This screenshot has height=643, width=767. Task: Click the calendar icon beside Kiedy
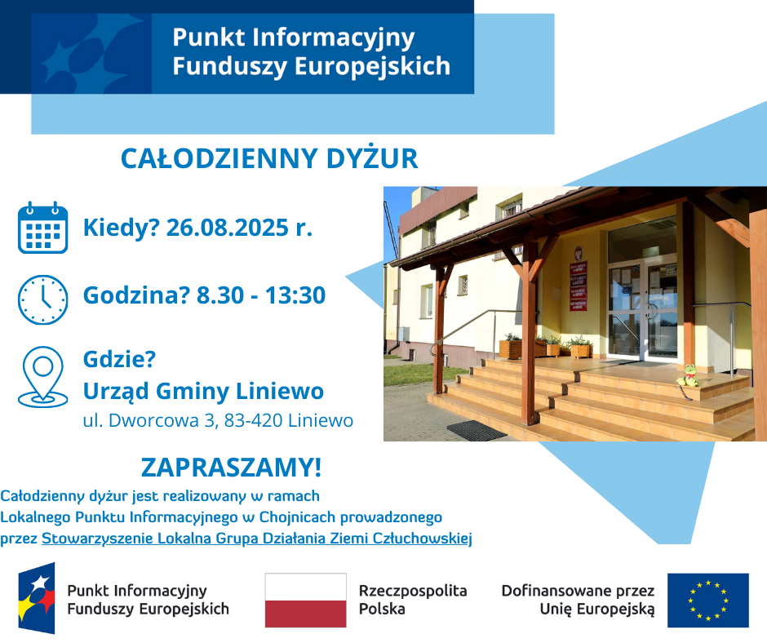pyautogui.click(x=42, y=228)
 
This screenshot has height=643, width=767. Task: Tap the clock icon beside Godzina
pyautogui.click(x=42, y=299)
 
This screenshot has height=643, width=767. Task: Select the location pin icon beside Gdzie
pyautogui.click(x=42, y=376)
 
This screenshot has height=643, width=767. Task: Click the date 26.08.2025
pyautogui.click(x=238, y=228)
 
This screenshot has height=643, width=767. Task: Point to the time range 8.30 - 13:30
pyautogui.click(x=261, y=295)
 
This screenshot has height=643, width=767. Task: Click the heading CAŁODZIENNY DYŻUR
pyautogui.click(x=269, y=159)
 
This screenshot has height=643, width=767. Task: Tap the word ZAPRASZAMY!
pyautogui.click(x=231, y=468)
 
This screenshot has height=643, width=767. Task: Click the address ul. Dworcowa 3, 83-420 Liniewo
pyautogui.click(x=218, y=421)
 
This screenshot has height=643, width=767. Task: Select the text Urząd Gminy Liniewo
pyautogui.click(x=203, y=392)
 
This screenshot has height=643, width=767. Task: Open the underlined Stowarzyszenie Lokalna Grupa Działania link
pyautogui.click(x=257, y=539)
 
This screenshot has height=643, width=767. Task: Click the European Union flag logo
pyautogui.click(x=707, y=600)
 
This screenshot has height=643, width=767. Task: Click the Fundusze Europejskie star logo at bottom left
pyautogui.click(x=37, y=598)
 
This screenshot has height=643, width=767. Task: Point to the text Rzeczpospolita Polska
pyautogui.click(x=413, y=600)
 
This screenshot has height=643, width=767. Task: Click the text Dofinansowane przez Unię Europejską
pyautogui.click(x=578, y=600)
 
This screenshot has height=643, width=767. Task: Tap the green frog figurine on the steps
pyautogui.click(x=689, y=376)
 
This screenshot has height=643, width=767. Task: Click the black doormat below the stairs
pyautogui.click(x=477, y=429)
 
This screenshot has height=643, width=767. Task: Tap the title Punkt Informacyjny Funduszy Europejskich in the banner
pyautogui.click(x=311, y=51)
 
